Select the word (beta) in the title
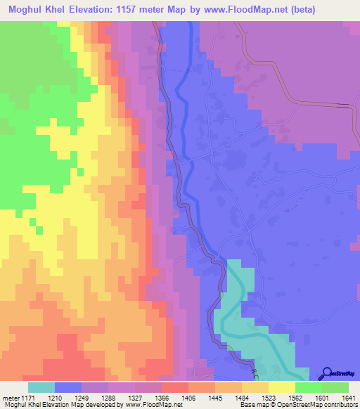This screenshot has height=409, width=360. [314, 10]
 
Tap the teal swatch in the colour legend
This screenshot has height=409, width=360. [41, 387]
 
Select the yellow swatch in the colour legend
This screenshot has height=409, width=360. [282, 387]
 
